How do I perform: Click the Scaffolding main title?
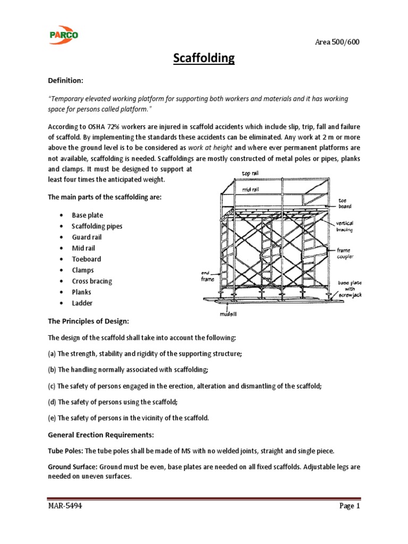pos(204,58)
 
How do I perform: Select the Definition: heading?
pos(66,80)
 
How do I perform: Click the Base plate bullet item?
pos(88,215)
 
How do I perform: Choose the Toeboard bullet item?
pos(86,259)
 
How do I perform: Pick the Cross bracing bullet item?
pos(92,281)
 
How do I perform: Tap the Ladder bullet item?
pos(82,303)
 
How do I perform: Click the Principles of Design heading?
pos(89,322)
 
